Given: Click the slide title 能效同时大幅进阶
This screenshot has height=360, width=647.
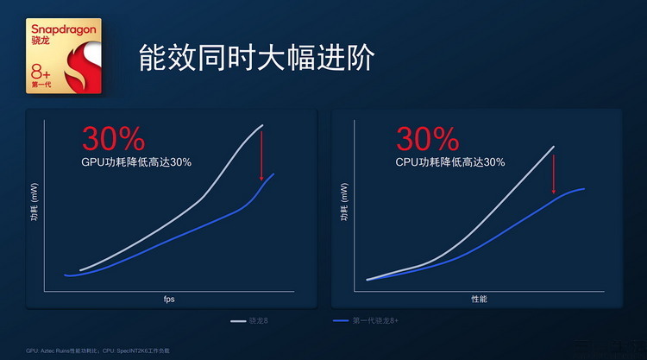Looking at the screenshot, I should [x=256, y=58].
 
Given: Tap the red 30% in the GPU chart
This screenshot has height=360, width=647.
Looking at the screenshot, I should [x=113, y=138].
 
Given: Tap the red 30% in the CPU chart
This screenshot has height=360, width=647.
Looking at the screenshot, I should [x=427, y=138].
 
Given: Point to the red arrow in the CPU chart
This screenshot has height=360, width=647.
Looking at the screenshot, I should [x=554, y=170].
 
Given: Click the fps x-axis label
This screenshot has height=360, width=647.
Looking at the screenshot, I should [x=169, y=299].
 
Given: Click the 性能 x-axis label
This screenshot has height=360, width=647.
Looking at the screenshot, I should [x=479, y=299].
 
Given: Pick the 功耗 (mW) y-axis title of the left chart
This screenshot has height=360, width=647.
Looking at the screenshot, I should [x=33, y=206].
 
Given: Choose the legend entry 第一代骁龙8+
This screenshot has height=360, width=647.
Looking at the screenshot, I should [x=366, y=321].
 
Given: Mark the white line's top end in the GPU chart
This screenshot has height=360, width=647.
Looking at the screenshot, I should [x=262, y=126].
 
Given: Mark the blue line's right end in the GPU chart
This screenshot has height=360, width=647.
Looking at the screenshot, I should [x=274, y=174].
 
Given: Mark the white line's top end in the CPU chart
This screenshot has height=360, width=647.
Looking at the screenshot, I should [x=553, y=147].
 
